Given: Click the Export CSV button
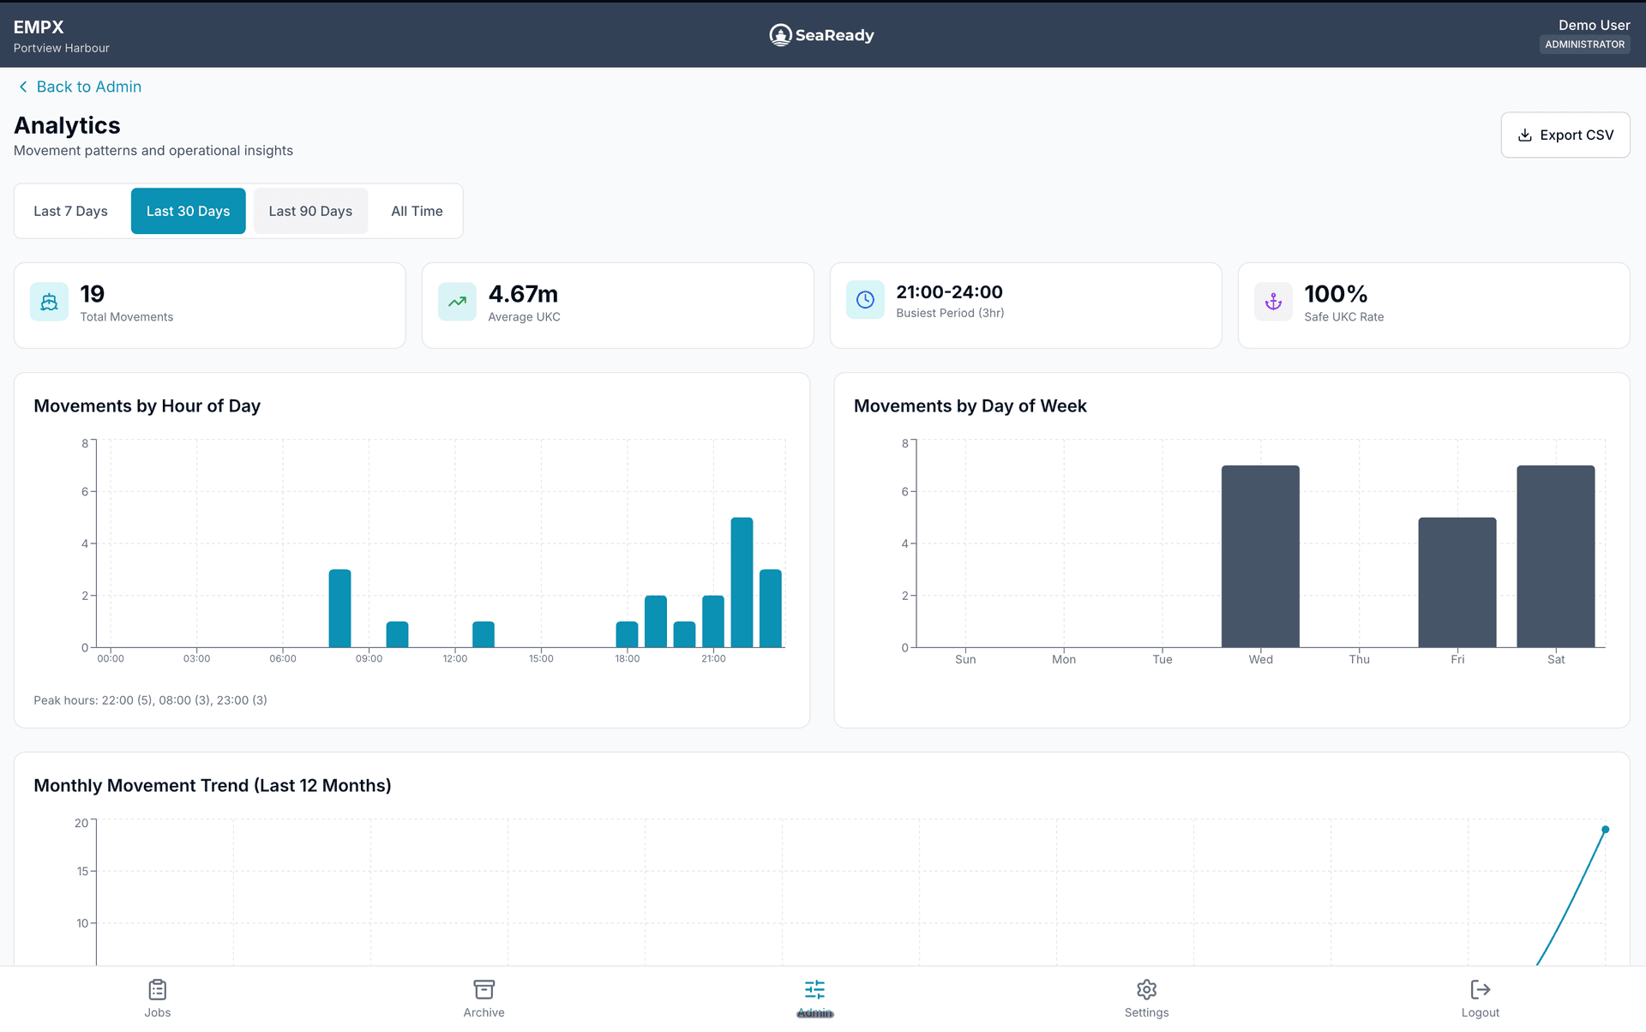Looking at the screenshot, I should pos(1565,135).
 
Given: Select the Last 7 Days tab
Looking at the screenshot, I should pos(71,212).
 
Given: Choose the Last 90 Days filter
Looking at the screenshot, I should pos(310,212).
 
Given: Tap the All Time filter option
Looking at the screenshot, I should pos(417,212).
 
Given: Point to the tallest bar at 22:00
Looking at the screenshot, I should pos(742,583).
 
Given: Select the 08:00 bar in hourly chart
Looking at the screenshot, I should pos(339,609).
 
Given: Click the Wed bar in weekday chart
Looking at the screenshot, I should pos(1260,557).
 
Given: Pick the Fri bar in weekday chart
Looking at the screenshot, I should pos(1457,583).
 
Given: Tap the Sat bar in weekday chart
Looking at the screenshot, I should pos(1555,557).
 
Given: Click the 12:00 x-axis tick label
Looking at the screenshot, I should pos(455,659).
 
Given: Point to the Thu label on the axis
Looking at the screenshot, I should pos(1359,660).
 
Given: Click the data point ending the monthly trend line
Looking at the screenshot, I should pos(1605,830).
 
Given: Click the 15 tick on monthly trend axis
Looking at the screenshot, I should pos(82,872).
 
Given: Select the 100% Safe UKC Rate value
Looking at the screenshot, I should pos(1336,294).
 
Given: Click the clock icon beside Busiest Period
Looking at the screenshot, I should pos(865,300).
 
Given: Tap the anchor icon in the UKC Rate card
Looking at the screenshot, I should pos(1273,302).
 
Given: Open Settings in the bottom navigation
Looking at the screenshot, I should pos(1146,999).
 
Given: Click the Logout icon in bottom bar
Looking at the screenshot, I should pos(1480,990).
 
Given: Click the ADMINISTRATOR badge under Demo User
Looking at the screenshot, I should pos(1584,45).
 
